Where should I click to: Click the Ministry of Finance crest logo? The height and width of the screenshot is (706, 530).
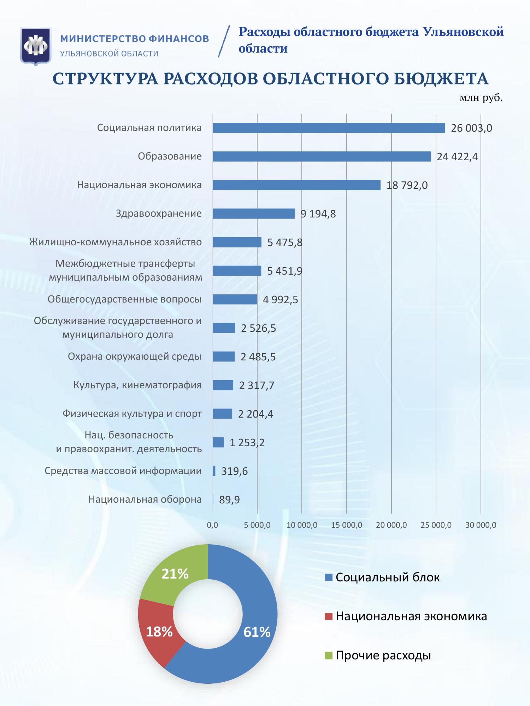pyautogui.click(x=36, y=46)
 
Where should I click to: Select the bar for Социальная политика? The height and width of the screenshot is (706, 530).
pyautogui.click(x=329, y=128)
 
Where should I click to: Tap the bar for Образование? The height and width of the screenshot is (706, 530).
pyautogui.click(x=322, y=156)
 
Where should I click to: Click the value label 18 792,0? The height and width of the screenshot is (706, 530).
pyautogui.click(x=407, y=185)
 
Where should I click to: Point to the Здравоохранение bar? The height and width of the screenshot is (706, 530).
pyautogui.click(x=253, y=214)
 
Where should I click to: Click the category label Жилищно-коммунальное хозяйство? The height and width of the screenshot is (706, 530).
pyautogui.click(x=116, y=242)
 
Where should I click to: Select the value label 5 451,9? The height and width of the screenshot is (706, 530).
pyautogui.click(x=284, y=271)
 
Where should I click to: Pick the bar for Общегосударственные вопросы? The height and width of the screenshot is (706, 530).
pyautogui.click(x=235, y=299)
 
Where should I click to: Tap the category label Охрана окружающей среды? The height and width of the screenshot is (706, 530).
pyautogui.click(x=135, y=357)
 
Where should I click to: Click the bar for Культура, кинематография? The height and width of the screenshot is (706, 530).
pyautogui.click(x=223, y=385)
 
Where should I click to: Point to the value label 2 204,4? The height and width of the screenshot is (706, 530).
pyautogui.click(x=255, y=414)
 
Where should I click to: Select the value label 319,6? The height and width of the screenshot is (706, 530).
pyautogui.click(x=234, y=471)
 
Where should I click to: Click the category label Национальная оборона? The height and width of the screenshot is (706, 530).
pyautogui.click(x=145, y=499)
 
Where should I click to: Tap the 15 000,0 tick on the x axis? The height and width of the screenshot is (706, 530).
pyautogui.click(x=347, y=525)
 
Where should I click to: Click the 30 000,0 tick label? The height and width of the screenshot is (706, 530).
pyautogui.click(x=481, y=525)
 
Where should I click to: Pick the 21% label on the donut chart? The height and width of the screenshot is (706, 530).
pyautogui.click(x=175, y=574)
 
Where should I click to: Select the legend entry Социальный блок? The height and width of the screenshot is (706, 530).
pyautogui.click(x=387, y=578)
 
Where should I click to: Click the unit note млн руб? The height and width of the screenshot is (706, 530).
pyautogui.click(x=481, y=98)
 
